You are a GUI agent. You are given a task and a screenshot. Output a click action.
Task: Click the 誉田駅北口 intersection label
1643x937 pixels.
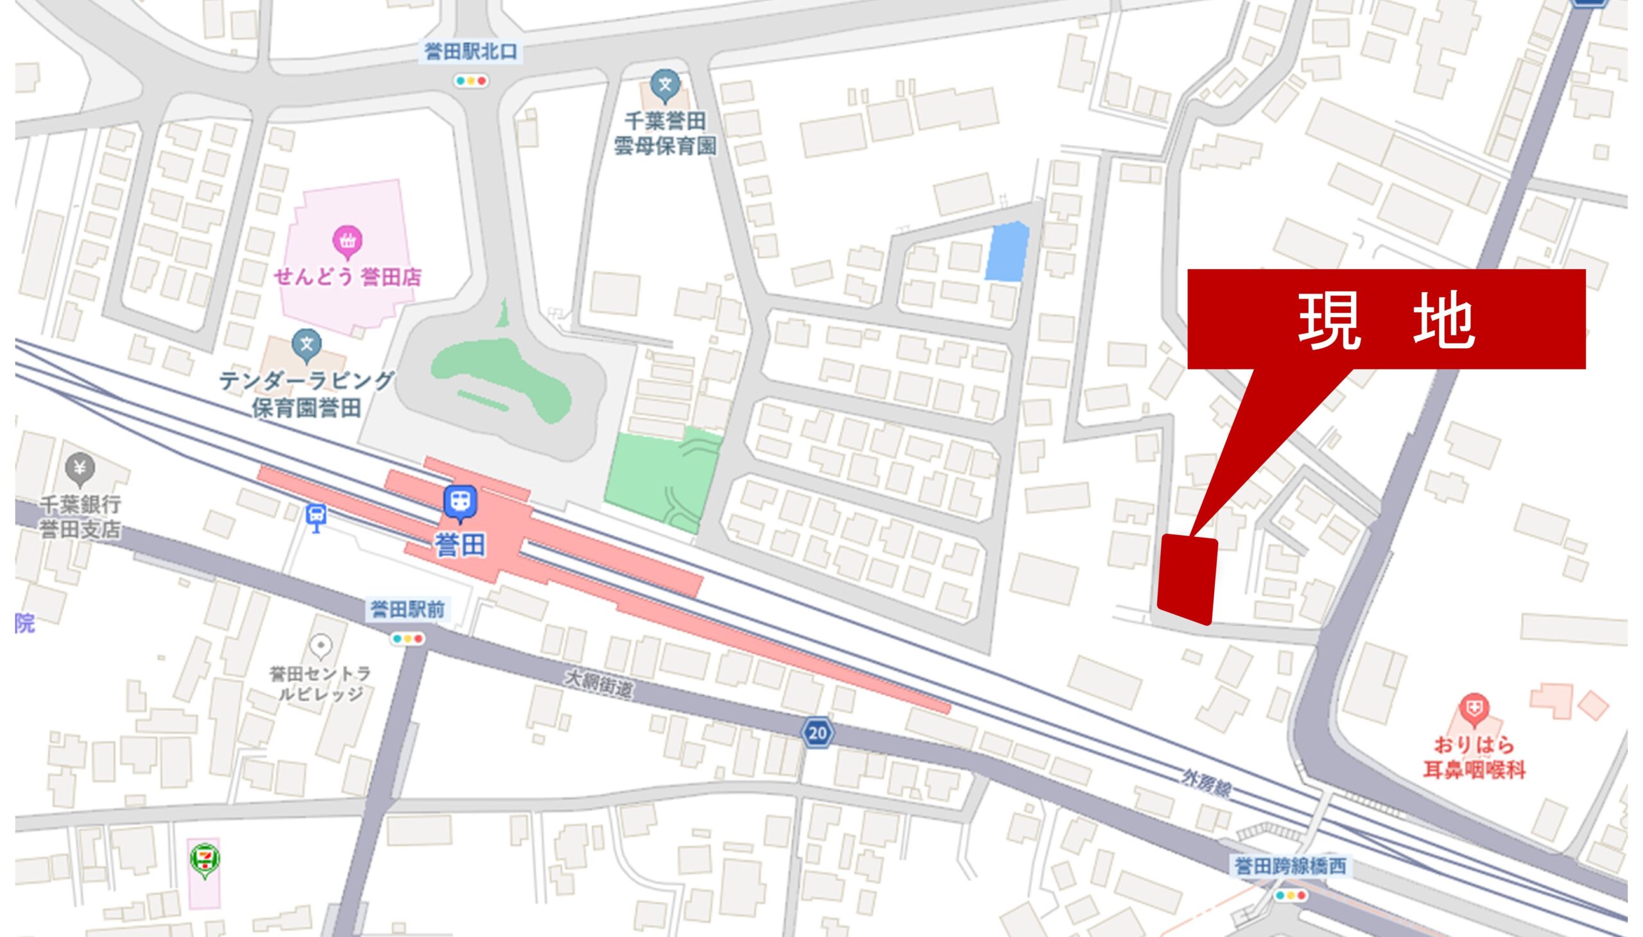(470, 51)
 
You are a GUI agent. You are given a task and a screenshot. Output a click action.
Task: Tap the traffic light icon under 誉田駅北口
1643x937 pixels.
(470, 81)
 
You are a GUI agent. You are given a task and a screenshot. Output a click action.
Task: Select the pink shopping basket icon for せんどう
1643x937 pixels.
(347, 241)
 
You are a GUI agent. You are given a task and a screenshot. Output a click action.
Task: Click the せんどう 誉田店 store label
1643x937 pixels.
(347, 277)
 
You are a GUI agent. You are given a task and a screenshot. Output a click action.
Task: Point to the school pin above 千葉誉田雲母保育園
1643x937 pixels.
(665, 85)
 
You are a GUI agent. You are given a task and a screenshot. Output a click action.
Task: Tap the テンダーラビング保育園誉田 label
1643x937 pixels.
(306, 394)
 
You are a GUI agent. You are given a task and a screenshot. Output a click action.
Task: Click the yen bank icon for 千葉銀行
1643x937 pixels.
(80, 469)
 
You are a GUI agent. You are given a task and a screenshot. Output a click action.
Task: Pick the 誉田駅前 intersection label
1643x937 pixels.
(407, 609)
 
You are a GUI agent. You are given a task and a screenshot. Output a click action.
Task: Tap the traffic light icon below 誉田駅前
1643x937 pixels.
(408, 639)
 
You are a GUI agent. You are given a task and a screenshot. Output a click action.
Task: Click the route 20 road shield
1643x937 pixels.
(816, 732)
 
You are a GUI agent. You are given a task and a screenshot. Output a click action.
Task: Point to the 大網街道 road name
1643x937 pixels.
(599, 685)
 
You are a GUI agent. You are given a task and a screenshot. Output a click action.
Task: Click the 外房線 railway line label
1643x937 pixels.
(1207, 784)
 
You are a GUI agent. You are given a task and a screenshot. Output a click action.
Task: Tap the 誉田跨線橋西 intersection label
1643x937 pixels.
(1289, 866)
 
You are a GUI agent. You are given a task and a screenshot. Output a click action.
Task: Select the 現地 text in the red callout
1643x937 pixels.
(1386, 320)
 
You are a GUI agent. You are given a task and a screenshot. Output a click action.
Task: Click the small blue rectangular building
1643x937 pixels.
(1006, 252)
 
